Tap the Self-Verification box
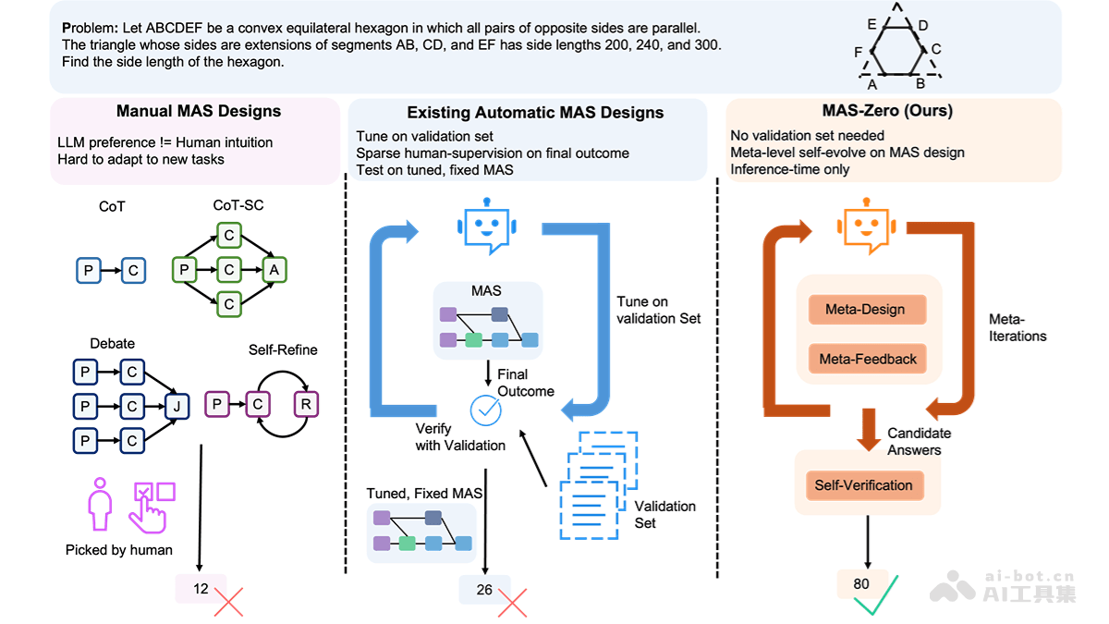coord(863,485)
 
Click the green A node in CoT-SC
coord(274,270)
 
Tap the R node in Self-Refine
coord(305,404)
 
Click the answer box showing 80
coord(861,583)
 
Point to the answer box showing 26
coord(484,589)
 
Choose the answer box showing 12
coord(201,588)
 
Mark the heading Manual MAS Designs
coord(199,112)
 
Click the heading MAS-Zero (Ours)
coord(887,111)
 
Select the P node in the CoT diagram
coord(88,270)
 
